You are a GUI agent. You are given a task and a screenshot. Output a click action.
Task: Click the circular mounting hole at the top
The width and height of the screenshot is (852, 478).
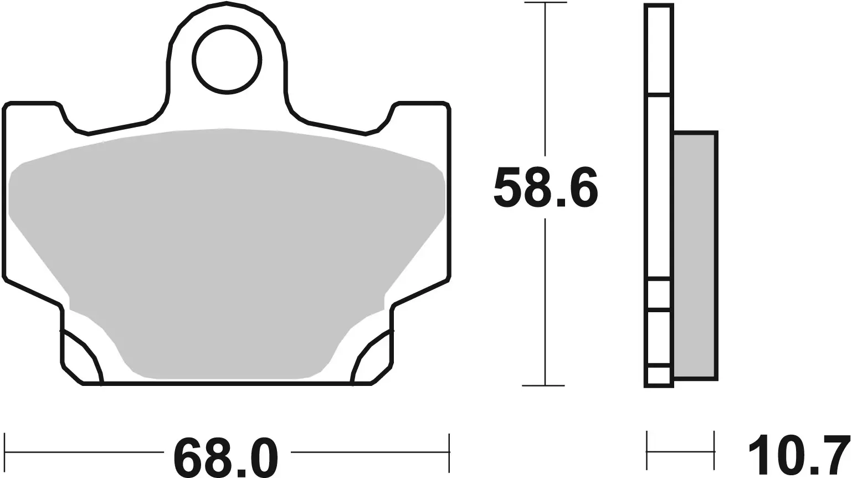227,59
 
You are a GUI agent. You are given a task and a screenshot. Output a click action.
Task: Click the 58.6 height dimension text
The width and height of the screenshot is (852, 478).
546,187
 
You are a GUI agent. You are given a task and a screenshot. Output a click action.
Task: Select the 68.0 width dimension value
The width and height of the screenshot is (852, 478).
225,458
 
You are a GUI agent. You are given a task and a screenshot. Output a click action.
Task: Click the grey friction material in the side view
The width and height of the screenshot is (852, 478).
695,255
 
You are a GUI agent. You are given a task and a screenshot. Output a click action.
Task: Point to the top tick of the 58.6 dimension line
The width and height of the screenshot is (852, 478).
546,3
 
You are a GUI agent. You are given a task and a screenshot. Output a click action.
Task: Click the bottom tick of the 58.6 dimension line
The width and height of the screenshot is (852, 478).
546,385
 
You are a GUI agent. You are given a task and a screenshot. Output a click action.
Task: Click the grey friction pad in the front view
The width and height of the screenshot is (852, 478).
227,250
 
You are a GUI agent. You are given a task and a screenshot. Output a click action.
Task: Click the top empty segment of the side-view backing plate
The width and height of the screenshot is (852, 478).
659,49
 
